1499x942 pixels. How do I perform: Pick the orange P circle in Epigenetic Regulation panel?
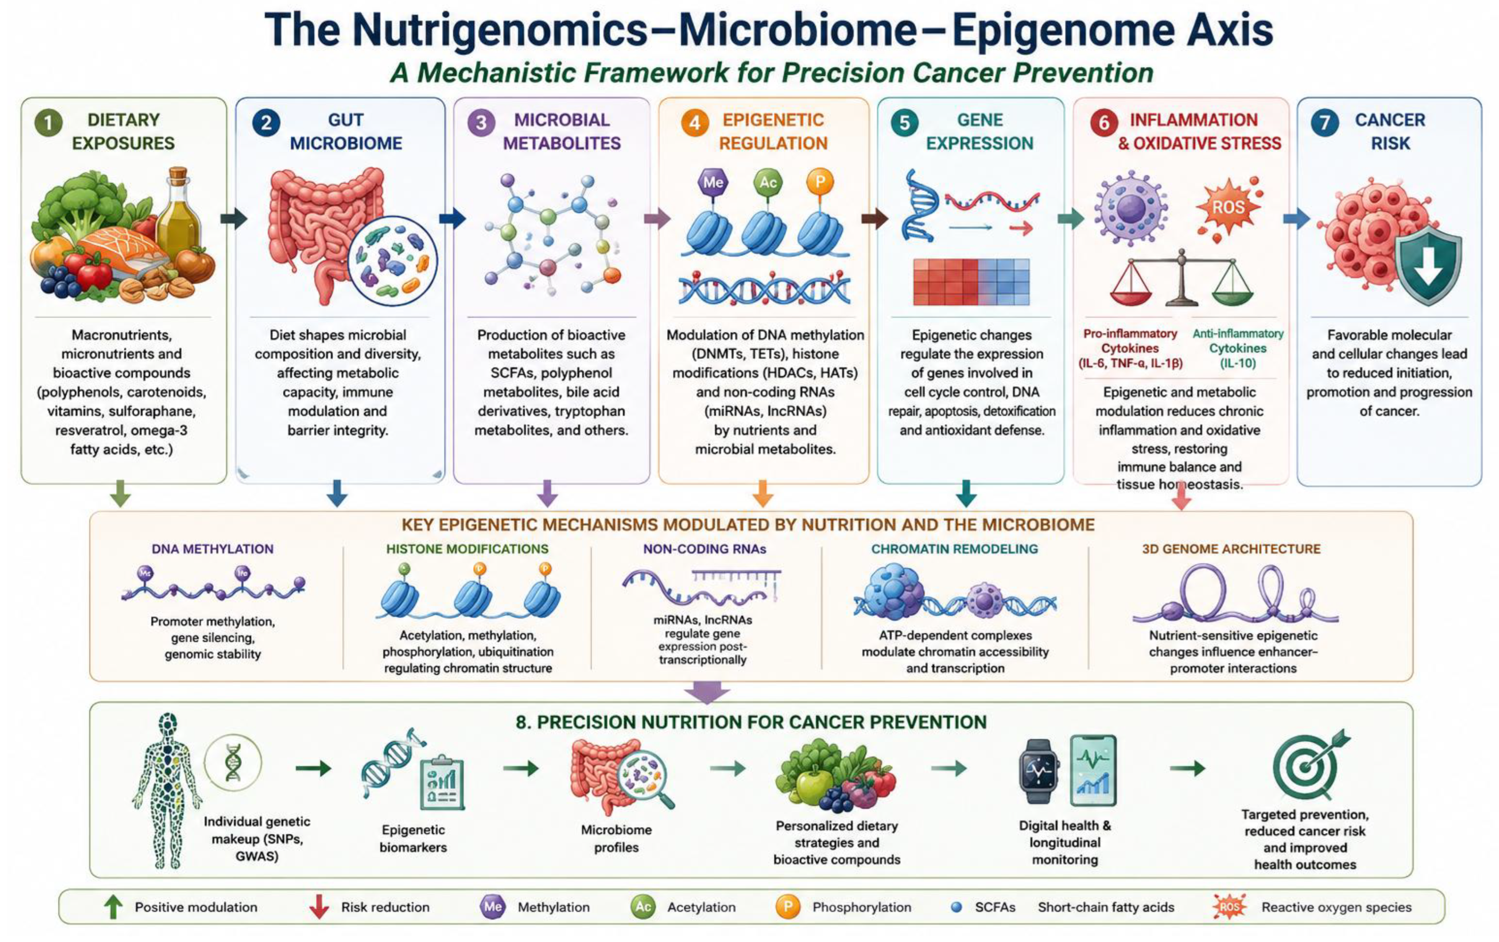(820, 182)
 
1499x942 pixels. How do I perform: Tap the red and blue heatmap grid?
(971, 283)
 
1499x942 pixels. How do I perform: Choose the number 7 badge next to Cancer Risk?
(1324, 122)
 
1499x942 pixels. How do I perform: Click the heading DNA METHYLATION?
(212, 549)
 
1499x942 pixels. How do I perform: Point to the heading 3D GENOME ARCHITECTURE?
(1231, 549)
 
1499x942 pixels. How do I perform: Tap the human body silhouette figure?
(167, 791)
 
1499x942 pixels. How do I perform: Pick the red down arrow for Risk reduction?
(319, 907)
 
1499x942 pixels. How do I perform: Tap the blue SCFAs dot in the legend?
(956, 907)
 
